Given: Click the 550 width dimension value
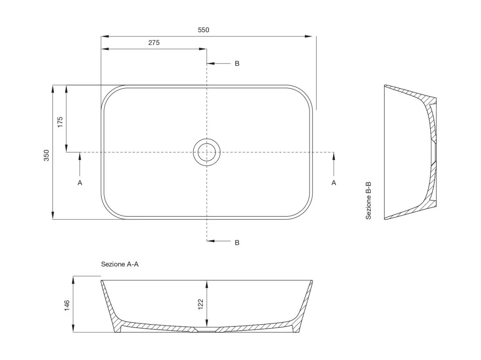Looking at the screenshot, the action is coord(203,30).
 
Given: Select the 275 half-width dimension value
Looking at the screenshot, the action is coord(154,42).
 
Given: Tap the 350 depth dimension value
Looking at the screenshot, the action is coord(46,156).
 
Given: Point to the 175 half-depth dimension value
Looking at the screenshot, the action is coord(60,122).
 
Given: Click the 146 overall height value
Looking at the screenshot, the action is coord(67,305).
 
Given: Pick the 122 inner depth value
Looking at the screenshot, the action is coord(201,304).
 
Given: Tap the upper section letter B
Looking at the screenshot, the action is coord(237,63).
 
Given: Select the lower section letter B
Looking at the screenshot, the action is coord(237,242).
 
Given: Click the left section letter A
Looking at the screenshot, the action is coord(80,183).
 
